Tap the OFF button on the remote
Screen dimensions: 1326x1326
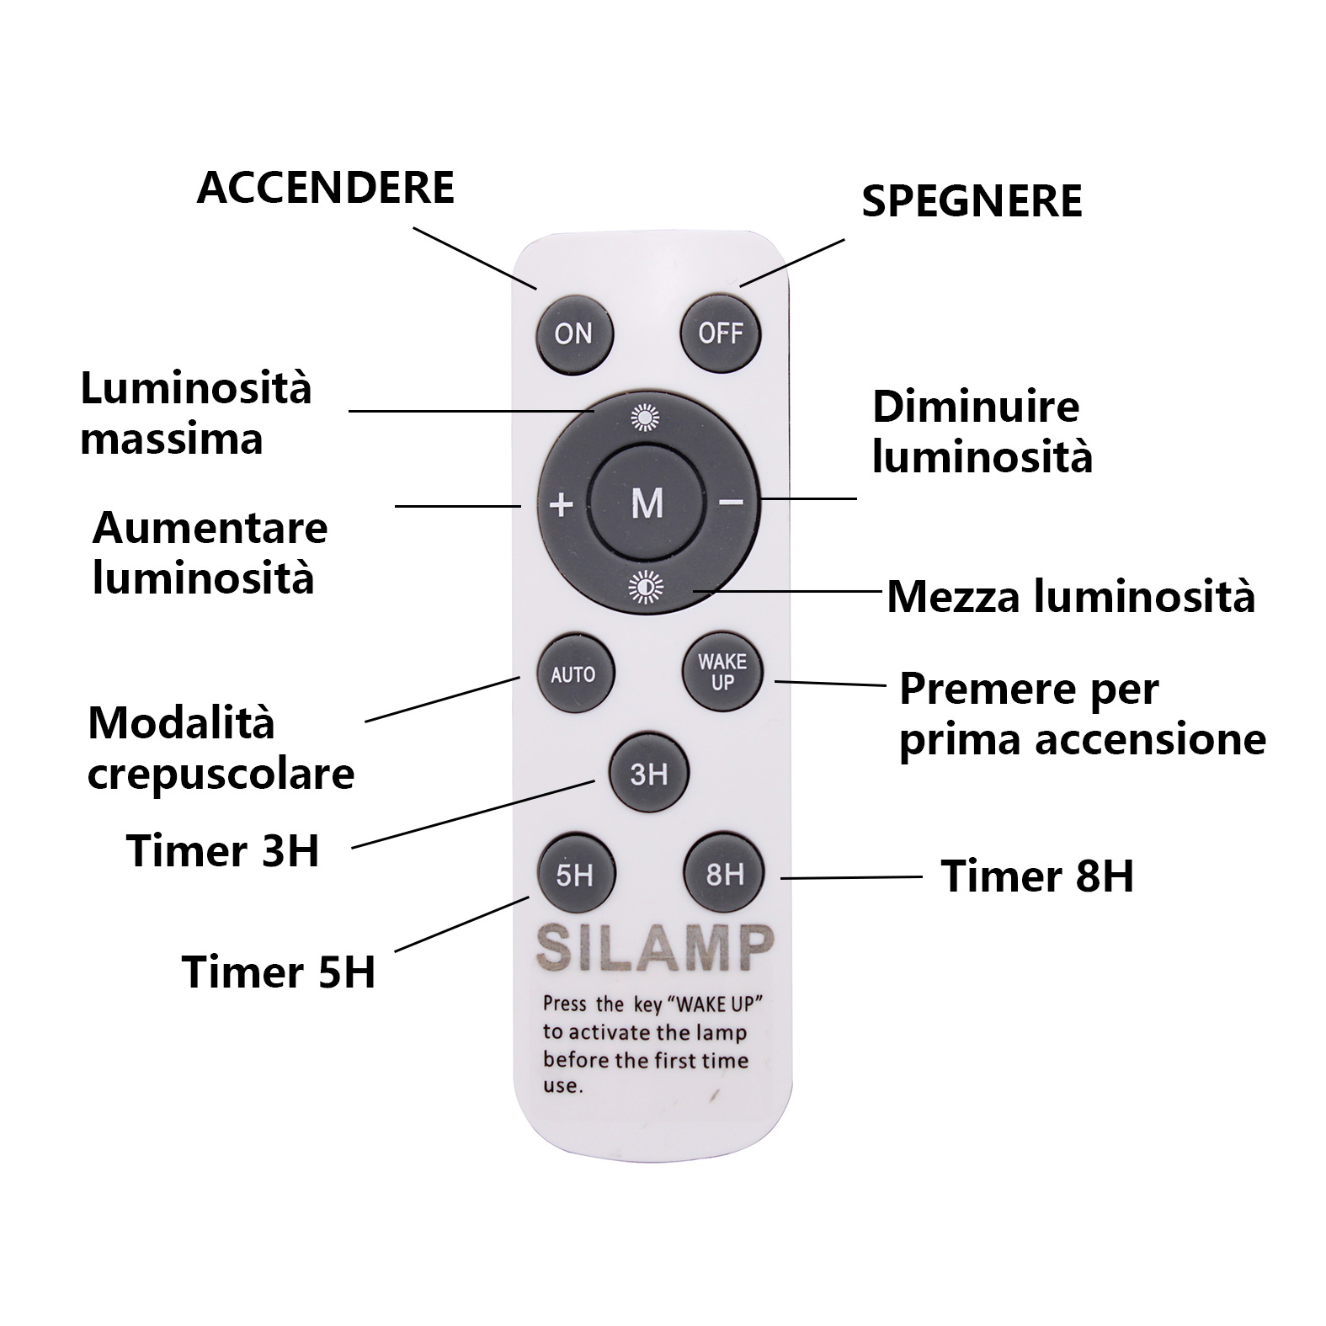click(720, 333)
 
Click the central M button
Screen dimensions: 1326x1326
click(647, 503)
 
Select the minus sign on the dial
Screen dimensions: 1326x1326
click(731, 503)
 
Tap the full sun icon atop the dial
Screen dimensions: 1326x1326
click(646, 417)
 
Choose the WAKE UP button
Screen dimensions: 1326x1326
click(722, 672)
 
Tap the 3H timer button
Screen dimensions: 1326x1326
click(648, 774)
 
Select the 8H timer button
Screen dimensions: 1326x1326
click(724, 875)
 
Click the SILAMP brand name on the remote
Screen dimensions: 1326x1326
click(654, 948)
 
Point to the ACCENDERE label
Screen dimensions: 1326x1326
click(325, 187)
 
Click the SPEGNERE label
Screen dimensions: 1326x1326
click(972, 201)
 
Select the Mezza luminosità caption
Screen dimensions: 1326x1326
click(1070, 596)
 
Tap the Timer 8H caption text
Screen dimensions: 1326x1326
click(1036, 876)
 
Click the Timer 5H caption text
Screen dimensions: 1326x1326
click(279, 972)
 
